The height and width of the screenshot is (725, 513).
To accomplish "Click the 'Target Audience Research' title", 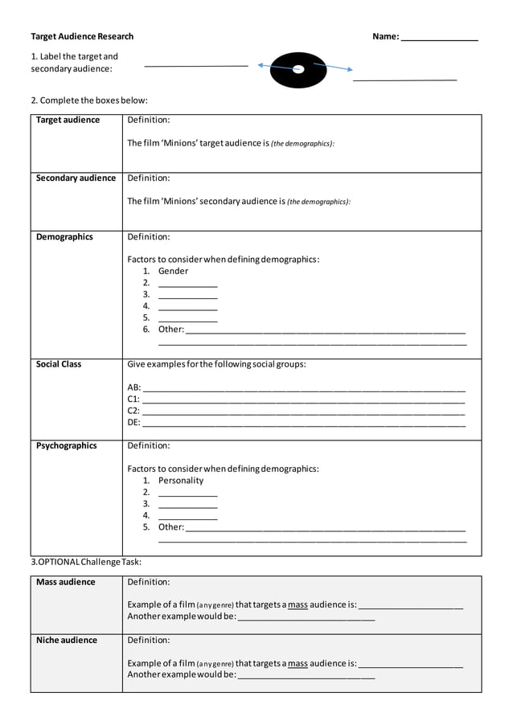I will [82, 36].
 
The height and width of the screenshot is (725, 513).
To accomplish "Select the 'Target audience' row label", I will [68, 121].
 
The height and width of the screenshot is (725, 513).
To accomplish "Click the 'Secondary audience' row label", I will [76, 178].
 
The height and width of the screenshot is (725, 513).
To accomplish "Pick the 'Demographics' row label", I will [64, 237].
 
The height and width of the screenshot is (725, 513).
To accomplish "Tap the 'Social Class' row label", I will [59, 364].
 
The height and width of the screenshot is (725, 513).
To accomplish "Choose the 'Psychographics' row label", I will [67, 446].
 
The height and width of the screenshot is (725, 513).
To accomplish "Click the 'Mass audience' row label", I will [66, 582].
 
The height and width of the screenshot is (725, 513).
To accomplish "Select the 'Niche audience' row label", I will [67, 641].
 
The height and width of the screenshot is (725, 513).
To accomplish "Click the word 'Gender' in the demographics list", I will [173, 272].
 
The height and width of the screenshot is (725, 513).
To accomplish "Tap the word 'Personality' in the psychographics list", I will [181, 481].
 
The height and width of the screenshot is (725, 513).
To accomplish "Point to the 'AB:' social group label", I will [134, 387].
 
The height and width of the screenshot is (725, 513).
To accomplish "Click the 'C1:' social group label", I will [133, 399].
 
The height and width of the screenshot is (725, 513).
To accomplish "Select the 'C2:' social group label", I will [133, 411].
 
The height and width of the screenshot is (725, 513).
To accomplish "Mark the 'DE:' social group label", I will [133, 422].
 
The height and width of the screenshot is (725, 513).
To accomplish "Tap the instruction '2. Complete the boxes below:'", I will [89, 100].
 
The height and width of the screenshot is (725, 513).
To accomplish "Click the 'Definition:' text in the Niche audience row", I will [149, 641].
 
